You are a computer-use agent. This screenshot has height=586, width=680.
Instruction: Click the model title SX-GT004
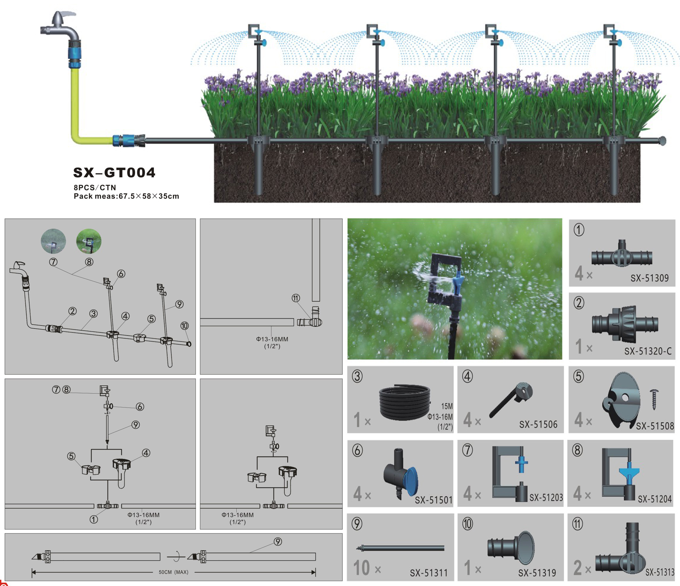[114, 172]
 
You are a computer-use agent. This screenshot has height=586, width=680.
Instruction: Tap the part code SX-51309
[649, 278]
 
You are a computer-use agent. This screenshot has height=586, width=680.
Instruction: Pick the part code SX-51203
[546, 497]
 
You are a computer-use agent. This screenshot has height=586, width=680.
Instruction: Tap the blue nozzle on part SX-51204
[629, 472]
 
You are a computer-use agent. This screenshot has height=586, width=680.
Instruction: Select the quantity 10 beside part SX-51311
[362, 568]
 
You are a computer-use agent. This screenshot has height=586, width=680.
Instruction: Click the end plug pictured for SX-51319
[512, 547]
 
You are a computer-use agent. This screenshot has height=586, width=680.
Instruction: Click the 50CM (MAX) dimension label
[173, 572]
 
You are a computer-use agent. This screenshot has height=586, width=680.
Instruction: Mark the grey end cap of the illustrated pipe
[662, 141]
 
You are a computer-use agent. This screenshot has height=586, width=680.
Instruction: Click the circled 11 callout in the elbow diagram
[296, 298]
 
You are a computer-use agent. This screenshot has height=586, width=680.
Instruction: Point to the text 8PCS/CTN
[95, 188]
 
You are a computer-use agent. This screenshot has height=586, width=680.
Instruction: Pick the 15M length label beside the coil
[447, 406]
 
